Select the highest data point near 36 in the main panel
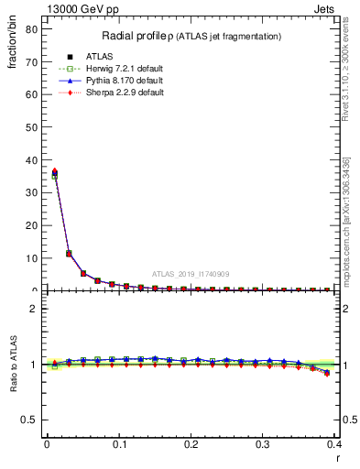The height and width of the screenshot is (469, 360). [54, 171]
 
